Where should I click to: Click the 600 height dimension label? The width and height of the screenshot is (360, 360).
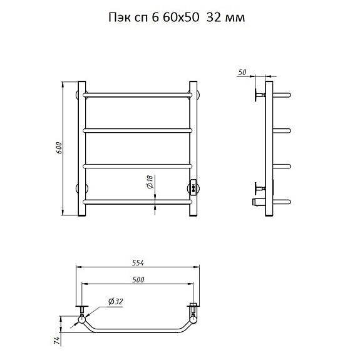click(x=59, y=148)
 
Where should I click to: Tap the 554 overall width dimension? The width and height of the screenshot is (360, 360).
click(x=138, y=263)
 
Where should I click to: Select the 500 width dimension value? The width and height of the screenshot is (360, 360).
click(x=138, y=280)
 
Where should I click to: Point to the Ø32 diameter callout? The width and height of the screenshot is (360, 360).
click(x=116, y=301)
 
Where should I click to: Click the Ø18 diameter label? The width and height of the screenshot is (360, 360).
click(x=150, y=182)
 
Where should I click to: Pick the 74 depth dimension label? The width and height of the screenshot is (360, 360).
click(x=57, y=341)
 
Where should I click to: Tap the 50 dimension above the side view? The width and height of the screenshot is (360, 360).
click(x=242, y=73)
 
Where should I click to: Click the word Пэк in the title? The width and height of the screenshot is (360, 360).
click(x=117, y=18)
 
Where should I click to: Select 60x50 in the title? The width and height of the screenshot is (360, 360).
click(x=181, y=18)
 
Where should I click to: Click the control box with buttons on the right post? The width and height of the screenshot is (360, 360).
click(x=193, y=187)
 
